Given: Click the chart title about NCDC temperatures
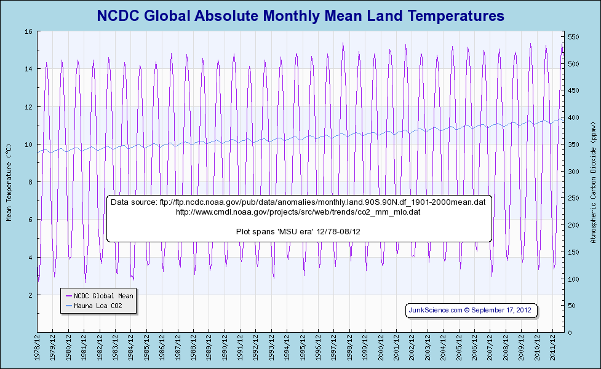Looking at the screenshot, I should pyautogui.click(x=300, y=15).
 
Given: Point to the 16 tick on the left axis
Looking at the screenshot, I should pyautogui.click(x=29, y=31).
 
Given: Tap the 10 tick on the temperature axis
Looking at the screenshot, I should pyautogui.click(x=29, y=145).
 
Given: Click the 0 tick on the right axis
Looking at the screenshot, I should pyautogui.click(x=570, y=333).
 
